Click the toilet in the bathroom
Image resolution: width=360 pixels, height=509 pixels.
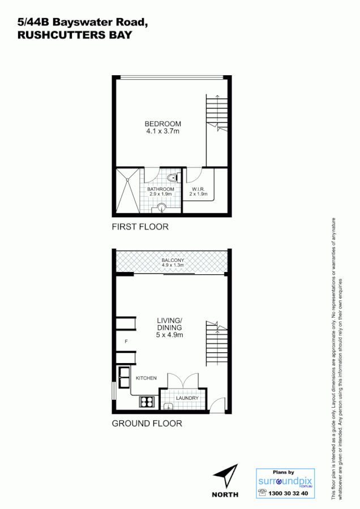coord(175,178)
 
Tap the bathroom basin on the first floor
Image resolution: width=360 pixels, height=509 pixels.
coord(162,207)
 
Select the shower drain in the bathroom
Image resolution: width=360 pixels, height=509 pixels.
coord(128,180)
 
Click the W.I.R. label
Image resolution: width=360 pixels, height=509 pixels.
coord(198,188)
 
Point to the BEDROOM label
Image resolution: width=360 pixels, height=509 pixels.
coord(162,124)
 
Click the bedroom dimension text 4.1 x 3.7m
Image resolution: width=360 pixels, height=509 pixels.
coord(162,132)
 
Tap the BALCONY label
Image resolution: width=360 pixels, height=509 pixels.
coord(173,260)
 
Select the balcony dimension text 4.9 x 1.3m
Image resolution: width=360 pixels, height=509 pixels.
coord(173,265)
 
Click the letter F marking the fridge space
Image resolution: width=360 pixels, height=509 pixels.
coord(126,341)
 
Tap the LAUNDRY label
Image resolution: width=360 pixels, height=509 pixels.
coord(187,398)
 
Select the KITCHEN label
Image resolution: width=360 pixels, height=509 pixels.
coord(145,377)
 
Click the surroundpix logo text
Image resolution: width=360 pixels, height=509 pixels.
coord(285,481)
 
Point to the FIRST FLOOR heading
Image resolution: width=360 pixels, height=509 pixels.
coord(140,227)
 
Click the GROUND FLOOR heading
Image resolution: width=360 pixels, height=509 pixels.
coord(147,424)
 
